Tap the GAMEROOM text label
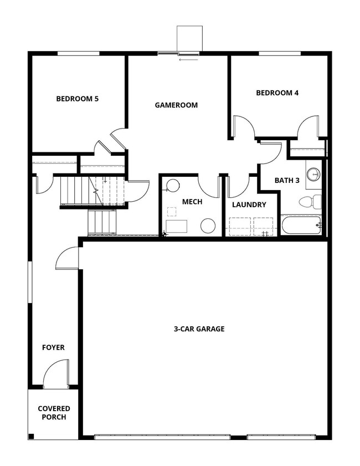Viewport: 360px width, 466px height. [176, 105]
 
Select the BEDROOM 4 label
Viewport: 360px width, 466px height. [277, 93]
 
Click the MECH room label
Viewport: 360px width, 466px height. [192, 202]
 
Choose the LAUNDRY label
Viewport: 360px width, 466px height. [249, 204]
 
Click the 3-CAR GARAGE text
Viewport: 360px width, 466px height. [199, 329]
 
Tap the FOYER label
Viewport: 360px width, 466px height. [53, 347]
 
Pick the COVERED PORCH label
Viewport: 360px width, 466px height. [54, 413]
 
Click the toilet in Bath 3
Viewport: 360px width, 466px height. [310, 201]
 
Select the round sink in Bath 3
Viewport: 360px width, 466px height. [314, 173]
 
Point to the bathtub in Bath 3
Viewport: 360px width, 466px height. [301, 225]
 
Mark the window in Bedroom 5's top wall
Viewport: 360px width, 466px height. [78, 53]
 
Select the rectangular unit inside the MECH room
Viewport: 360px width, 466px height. [177, 226]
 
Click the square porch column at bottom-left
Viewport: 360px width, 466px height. [31, 435]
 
